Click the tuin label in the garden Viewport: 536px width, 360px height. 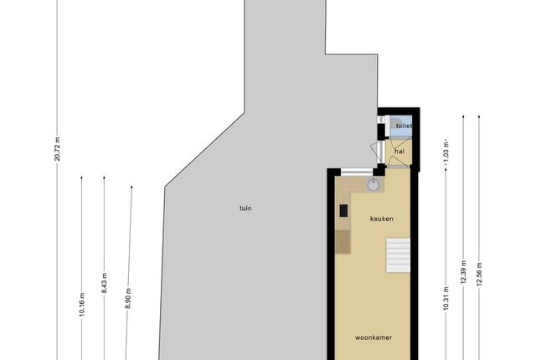coord(245,208)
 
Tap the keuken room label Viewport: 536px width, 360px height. coord(382,219)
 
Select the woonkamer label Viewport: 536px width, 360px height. coord(374,337)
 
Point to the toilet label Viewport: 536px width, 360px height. coord(404,126)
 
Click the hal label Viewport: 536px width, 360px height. coord(399,151)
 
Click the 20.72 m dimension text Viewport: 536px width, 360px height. coord(57,148)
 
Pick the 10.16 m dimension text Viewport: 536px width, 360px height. coord(82,305)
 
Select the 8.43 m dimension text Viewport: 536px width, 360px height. coord(104,282)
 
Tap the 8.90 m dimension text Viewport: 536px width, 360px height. coord(128,299)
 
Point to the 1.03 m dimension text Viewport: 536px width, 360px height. coord(446,150)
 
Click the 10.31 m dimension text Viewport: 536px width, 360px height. coord(446,299)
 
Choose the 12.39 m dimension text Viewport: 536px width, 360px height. coord(463,272)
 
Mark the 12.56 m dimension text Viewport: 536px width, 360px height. coord(479,274)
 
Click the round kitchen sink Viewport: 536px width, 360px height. coord(373,185)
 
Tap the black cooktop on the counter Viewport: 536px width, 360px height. coord(343,210)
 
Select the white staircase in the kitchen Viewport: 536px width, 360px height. coord(399,255)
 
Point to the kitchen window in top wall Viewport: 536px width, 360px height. coord(357,172)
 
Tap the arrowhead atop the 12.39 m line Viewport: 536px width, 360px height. coord(463,116)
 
